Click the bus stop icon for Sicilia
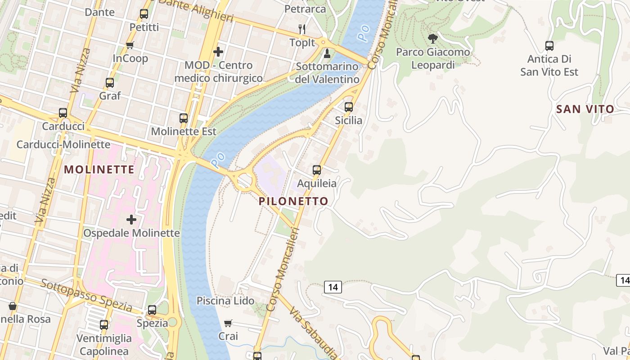[x=349, y=107]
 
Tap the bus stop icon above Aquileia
[x=317, y=170]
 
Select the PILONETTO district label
[x=293, y=201]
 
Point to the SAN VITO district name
[x=585, y=109]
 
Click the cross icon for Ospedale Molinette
[x=131, y=220]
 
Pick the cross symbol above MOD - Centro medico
[x=218, y=52]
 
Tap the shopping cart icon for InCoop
[x=130, y=45]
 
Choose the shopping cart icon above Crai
[x=228, y=323]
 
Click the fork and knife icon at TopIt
[x=302, y=30]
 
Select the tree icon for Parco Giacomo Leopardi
[x=433, y=39]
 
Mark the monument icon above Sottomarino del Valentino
[x=327, y=54]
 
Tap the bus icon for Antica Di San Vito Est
[x=549, y=45]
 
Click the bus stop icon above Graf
[x=110, y=83]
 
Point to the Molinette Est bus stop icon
[x=184, y=118]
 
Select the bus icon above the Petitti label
[x=144, y=14]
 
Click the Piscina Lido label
[x=225, y=301]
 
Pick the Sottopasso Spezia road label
[x=86, y=296]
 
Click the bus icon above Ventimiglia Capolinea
[x=104, y=325]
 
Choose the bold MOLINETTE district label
[x=99, y=170]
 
